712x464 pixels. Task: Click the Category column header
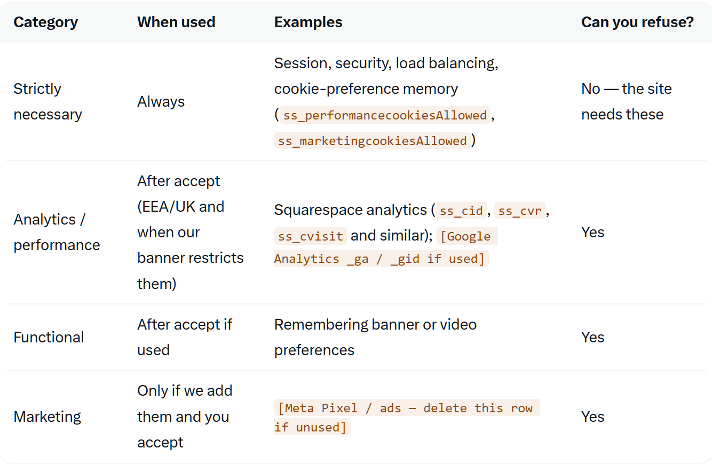coord(45,22)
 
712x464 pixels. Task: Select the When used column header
coord(176,22)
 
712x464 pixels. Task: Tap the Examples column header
coord(308,22)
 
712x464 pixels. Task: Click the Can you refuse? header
coord(637,22)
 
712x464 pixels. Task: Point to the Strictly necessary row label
coord(48,102)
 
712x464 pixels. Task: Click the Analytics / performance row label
coord(57,232)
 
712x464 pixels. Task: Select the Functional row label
coord(49,337)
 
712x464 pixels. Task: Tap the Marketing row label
coord(47,417)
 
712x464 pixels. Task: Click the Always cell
coord(161,102)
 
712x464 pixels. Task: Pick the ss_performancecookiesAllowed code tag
coord(385,115)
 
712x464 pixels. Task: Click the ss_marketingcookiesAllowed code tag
coord(372,141)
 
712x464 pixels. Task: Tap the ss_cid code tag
coord(461,211)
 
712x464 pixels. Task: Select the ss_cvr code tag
coord(520,211)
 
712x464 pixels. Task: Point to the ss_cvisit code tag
coord(310,236)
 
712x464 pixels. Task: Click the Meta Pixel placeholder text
coord(407,417)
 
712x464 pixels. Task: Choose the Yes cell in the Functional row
coord(592,337)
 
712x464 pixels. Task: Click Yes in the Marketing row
coord(592,417)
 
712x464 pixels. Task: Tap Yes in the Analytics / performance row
coord(592,232)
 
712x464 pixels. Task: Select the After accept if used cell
coord(185,337)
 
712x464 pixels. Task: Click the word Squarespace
coord(319,210)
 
